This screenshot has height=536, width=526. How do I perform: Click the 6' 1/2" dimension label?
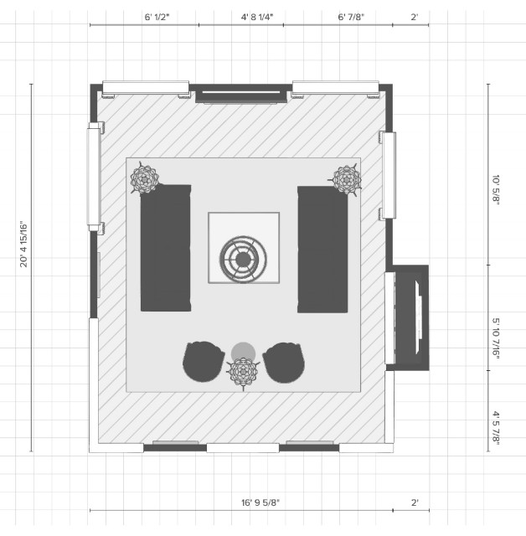(157, 16)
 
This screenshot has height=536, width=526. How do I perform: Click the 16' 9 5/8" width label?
(260, 502)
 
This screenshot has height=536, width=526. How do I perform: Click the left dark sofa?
(165, 248)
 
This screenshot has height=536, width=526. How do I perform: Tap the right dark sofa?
(322, 250)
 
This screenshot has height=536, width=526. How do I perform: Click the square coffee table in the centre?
(244, 248)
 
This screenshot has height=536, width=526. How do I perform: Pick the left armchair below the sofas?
(204, 362)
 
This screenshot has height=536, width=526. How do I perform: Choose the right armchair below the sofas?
(283, 363)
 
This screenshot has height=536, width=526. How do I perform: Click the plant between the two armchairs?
(244, 373)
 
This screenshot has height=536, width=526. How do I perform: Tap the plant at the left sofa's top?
(145, 178)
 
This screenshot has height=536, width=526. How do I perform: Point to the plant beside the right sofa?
(347, 178)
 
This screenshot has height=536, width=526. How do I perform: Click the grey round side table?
(244, 351)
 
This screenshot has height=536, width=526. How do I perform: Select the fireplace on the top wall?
(237, 94)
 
